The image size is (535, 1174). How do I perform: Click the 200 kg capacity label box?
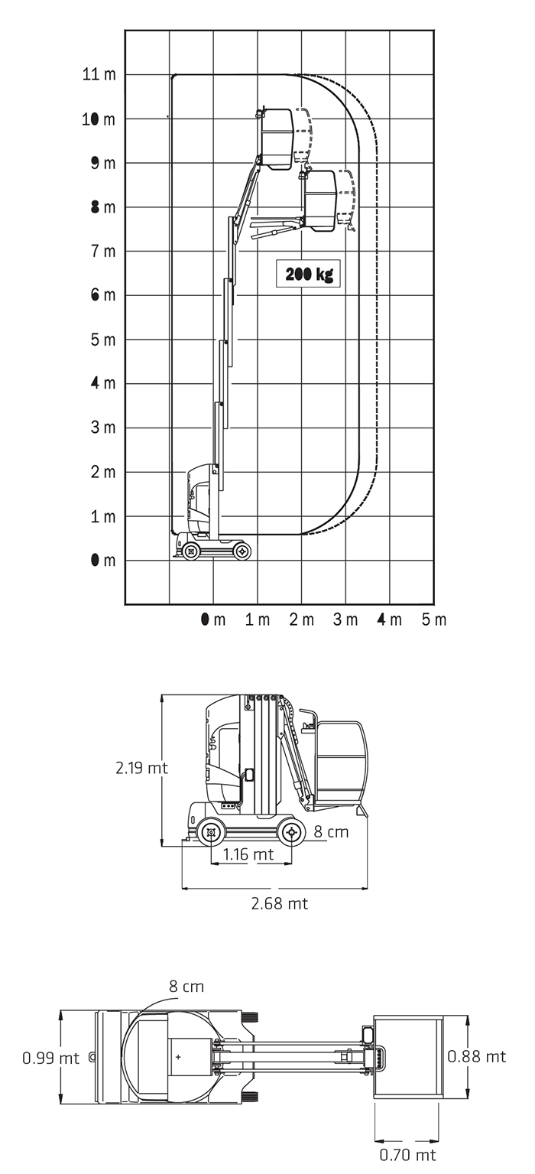308,274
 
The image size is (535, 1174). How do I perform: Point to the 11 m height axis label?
99,74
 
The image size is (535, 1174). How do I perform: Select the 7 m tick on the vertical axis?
103,252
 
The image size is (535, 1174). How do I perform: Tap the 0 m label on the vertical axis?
103,561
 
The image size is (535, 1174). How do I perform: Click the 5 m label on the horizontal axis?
434,620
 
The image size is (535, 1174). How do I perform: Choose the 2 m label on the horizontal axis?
302,620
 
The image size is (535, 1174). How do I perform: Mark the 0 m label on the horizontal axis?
213,620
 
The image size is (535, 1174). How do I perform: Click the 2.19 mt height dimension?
141,768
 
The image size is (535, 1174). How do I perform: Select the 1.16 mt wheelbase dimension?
248,854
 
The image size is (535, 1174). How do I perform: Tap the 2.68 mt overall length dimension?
279,903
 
